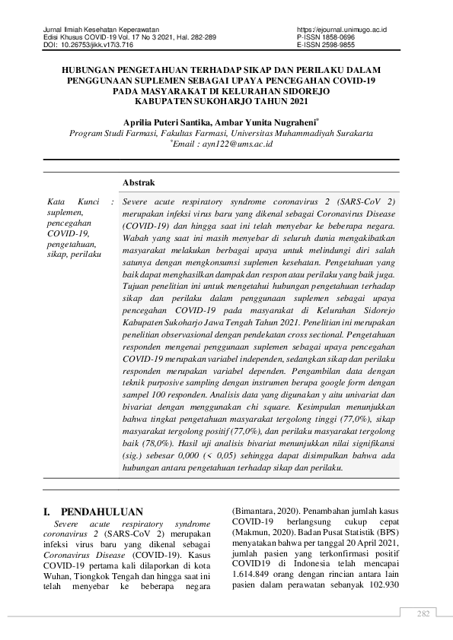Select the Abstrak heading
pyautogui.click(x=139, y=183)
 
